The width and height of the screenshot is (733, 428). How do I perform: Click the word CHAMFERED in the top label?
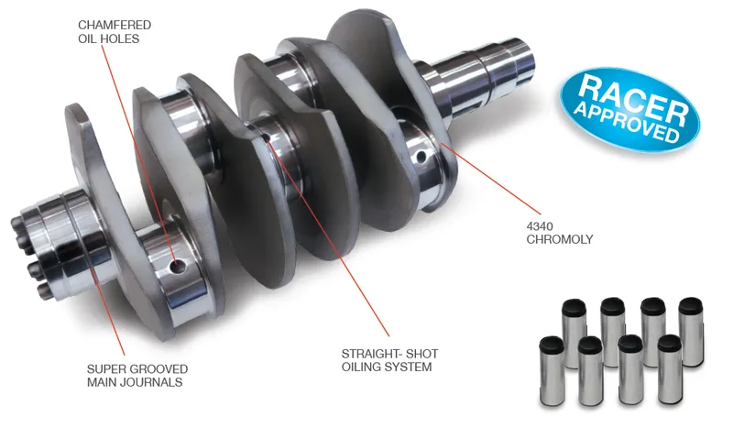click(x=115, y=25)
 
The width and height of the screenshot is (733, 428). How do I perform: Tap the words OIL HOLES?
click(x=108, y=38)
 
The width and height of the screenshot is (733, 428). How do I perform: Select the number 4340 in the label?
click(x=540, y=226)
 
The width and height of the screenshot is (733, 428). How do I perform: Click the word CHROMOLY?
click(x=560, y=239)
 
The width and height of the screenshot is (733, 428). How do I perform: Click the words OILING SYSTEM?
click(x=387, y=367)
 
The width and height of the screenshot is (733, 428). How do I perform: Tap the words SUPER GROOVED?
click(x=137, y=369)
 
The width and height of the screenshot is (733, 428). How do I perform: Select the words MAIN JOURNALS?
click(x=135, y=382)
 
